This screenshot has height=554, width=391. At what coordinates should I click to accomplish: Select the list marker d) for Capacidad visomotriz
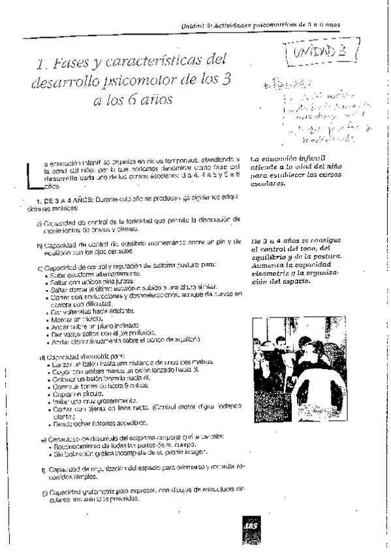point(42,357)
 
